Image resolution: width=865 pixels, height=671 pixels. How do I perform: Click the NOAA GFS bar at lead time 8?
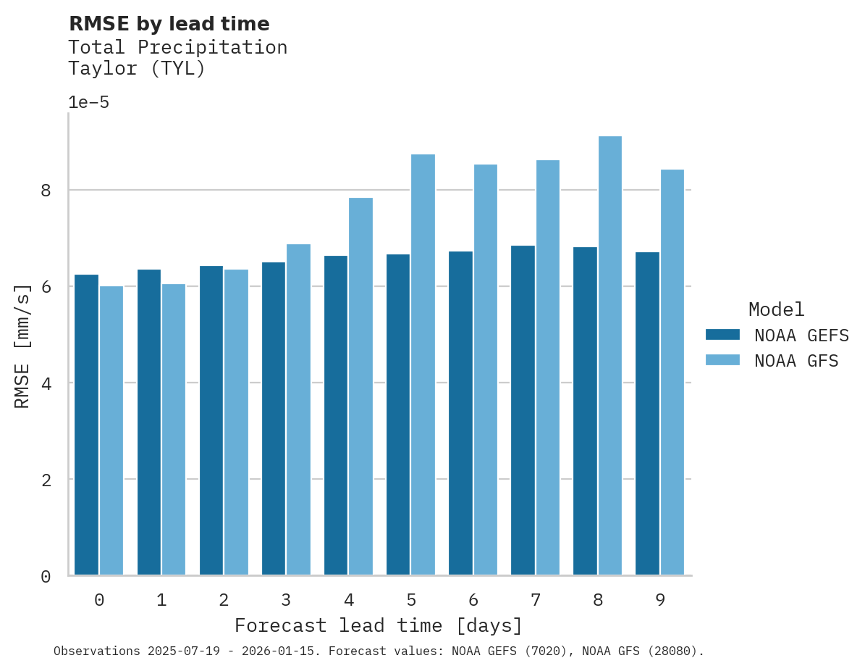(610, 356)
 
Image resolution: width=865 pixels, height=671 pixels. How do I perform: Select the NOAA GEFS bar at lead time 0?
(86, 425)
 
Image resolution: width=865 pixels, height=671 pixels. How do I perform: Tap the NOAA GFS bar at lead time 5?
(423, 364)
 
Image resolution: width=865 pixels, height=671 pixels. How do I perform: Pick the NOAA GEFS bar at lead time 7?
(523, 410)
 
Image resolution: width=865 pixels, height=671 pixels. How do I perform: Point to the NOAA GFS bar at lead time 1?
(174, 429)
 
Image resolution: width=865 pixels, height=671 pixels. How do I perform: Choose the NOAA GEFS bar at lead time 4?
(336, 415)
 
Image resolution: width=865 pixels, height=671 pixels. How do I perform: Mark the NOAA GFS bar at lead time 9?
(672, 372)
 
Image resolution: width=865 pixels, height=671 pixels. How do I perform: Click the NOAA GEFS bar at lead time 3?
(274, 418)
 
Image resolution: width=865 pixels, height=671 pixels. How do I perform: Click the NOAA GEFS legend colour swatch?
(722, 335)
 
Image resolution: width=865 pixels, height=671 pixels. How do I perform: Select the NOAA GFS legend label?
(796, 361)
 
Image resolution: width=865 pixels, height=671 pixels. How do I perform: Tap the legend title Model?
(776, 310)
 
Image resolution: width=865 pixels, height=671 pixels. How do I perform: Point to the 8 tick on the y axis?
(46, 191)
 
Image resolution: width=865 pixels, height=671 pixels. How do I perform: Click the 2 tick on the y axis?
(46, 480)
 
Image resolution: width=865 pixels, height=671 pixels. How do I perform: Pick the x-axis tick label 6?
(473, 600)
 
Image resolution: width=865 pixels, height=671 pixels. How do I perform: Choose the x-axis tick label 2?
(224, 600)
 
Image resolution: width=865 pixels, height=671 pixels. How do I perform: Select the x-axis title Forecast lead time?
(378, 625)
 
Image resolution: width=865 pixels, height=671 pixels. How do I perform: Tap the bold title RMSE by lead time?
(169, 24)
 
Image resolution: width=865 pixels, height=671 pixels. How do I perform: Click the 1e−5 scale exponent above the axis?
(88, 102)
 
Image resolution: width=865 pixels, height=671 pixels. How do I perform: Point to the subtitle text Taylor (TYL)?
(137, 69)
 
